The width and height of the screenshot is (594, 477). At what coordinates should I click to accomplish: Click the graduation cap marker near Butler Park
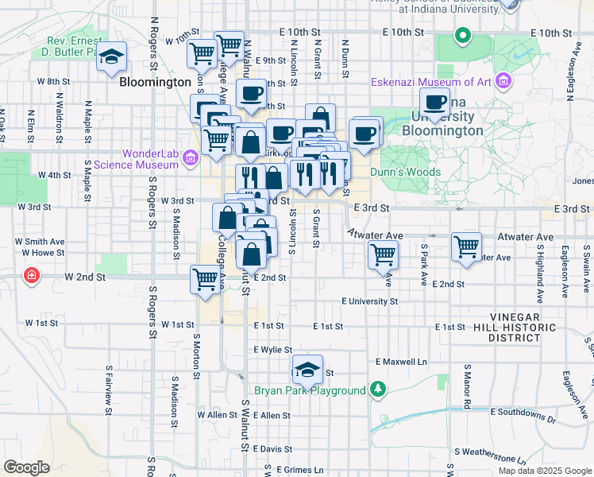(113, 57)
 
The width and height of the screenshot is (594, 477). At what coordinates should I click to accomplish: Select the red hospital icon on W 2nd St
(31, 276)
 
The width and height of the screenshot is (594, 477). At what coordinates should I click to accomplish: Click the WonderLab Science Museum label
(150, 159)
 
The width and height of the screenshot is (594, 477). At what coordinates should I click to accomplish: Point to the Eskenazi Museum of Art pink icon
(502, 81)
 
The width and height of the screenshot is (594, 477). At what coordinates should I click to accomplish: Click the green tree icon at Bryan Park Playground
(378, 390)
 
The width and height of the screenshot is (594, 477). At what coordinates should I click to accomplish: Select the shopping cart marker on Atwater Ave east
(466, 246)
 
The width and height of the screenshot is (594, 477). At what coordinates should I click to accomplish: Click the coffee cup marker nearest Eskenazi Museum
(435, 103)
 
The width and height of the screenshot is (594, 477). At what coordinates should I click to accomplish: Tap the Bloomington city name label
(155, 82)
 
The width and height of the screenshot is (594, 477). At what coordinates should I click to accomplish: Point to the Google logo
(26, 467)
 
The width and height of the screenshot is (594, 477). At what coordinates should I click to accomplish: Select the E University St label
(369, 301)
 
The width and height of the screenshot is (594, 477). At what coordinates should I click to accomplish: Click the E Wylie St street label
(273, 349)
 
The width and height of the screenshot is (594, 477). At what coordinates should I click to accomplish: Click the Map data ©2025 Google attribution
(544, 471)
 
